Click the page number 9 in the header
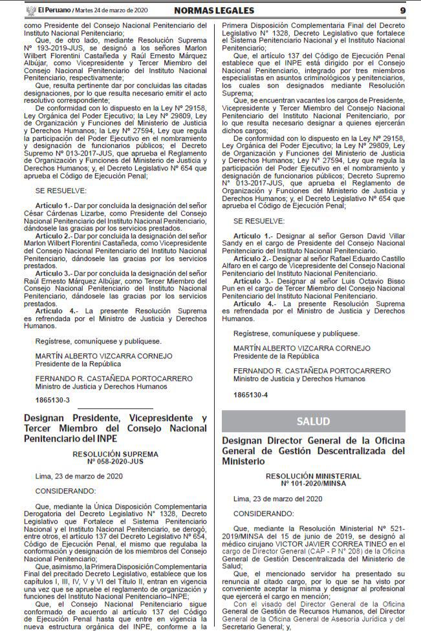(402, 10)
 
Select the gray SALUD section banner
(313, 421)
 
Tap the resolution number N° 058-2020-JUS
(115, 461)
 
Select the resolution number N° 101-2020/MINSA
(313, 482)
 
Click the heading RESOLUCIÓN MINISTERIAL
(313, 475)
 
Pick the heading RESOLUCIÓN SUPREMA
(115, 454)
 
